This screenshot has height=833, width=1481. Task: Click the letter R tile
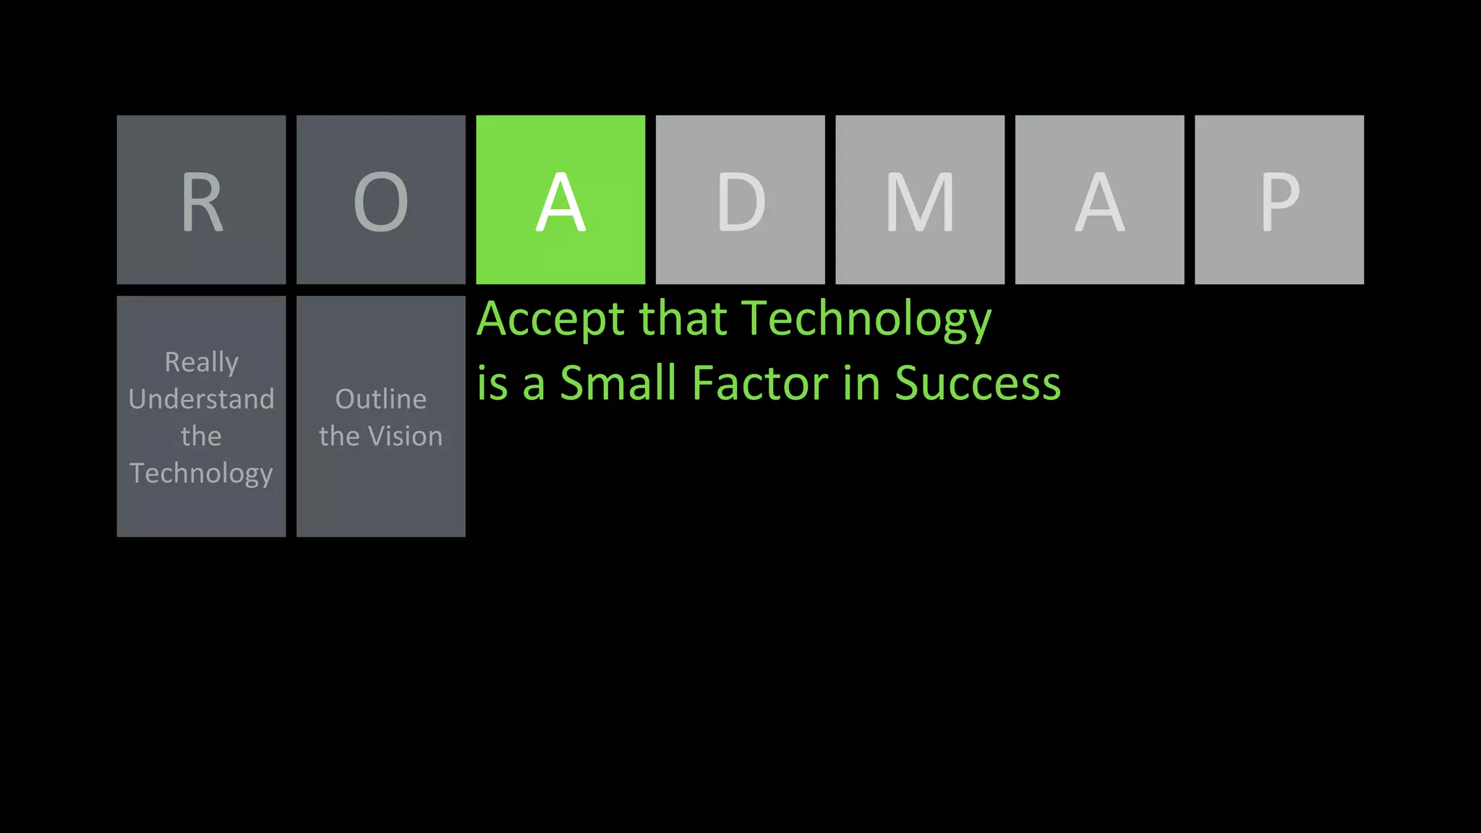coord(201,200)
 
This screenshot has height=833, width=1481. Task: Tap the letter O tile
coord(381,200)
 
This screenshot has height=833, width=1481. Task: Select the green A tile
coord(560,200)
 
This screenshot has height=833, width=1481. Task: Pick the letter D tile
coord(740,200)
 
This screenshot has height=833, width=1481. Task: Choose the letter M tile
coord(920,200)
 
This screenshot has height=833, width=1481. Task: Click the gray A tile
coord(1099,200)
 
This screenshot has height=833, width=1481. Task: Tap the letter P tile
coord(1279,200)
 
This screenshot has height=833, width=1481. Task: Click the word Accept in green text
coord(550,320)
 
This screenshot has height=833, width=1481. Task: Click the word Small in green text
coord(618,383)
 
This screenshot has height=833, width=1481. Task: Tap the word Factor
coord(759,383)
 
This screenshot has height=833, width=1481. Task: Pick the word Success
coord(977,383)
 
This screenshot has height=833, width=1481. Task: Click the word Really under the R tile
coord(201,362)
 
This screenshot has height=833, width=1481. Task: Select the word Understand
coord(201,399)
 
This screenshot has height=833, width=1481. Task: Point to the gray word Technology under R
coord(201,474)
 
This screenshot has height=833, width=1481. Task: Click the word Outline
coord(381,399)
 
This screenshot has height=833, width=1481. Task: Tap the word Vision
coord(405,436)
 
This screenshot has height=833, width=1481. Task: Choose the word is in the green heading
coord(492,383)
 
